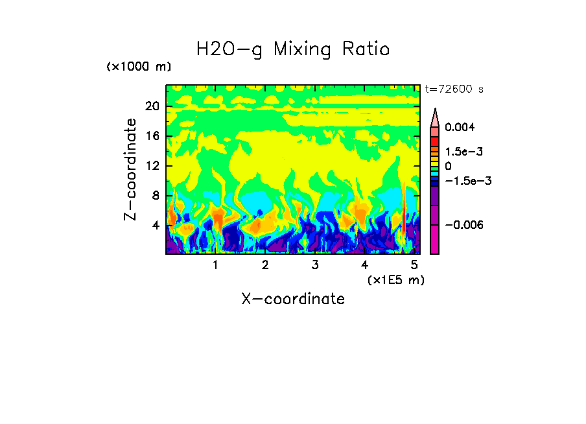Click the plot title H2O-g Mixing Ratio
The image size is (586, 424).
[293, 49]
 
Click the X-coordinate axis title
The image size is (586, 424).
[293, 299]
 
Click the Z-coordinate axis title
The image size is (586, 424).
[131, 169]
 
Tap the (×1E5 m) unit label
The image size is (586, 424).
[395, 279]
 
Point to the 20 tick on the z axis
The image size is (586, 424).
[152, 106]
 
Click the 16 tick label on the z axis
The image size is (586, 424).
[152, 136]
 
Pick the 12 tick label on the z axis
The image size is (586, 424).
[152, 166]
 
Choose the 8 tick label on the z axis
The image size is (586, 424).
[156, 196]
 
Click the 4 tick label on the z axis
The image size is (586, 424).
[156, 226]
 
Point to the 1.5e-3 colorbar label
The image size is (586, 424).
[464, 152]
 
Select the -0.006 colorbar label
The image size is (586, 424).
[464, 225]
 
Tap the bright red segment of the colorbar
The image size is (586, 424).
[435, 141]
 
